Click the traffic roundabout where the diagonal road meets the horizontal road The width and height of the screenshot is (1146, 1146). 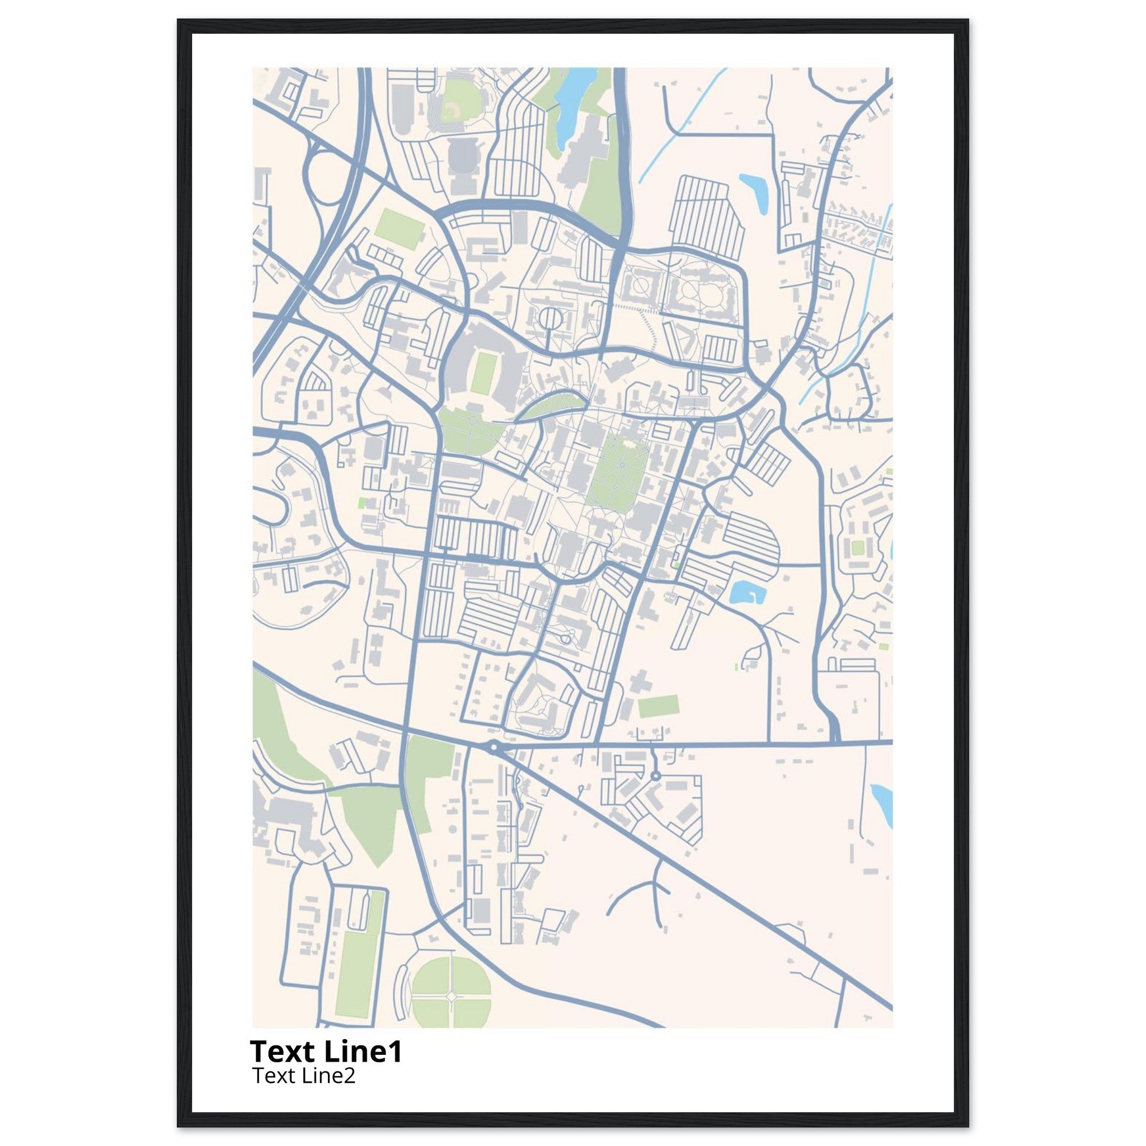pos(493,748)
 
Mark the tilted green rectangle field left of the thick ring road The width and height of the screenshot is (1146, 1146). pos(398,228)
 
